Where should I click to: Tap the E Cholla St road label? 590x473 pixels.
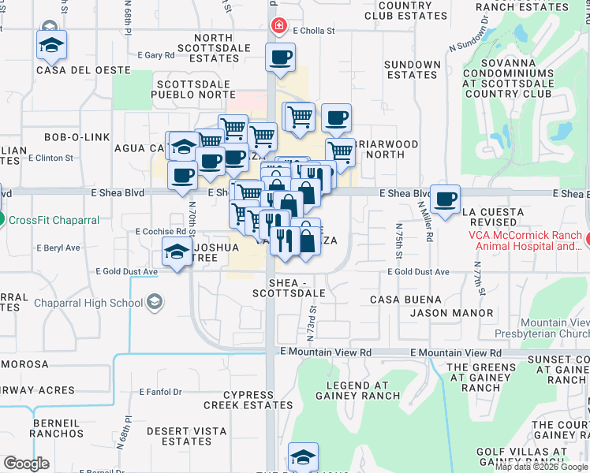click(x=314, y=32)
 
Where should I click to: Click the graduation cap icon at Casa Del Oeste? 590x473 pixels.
click(x=51, y=45)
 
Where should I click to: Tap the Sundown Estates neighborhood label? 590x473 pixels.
click(x=412, y=70)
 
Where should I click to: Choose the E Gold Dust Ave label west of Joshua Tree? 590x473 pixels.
click(x=127, y=271)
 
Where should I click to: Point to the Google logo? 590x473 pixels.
click(x=27, y=463)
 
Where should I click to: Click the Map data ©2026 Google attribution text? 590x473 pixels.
click(x=541, y=467)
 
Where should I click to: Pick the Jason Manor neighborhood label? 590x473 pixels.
click(x=451, y=313)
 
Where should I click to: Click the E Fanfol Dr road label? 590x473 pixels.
click(x=160, y=391)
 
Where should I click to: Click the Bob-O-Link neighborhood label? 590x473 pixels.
click(x=77, y=137)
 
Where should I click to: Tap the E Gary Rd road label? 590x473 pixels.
click(x=155, y=55)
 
